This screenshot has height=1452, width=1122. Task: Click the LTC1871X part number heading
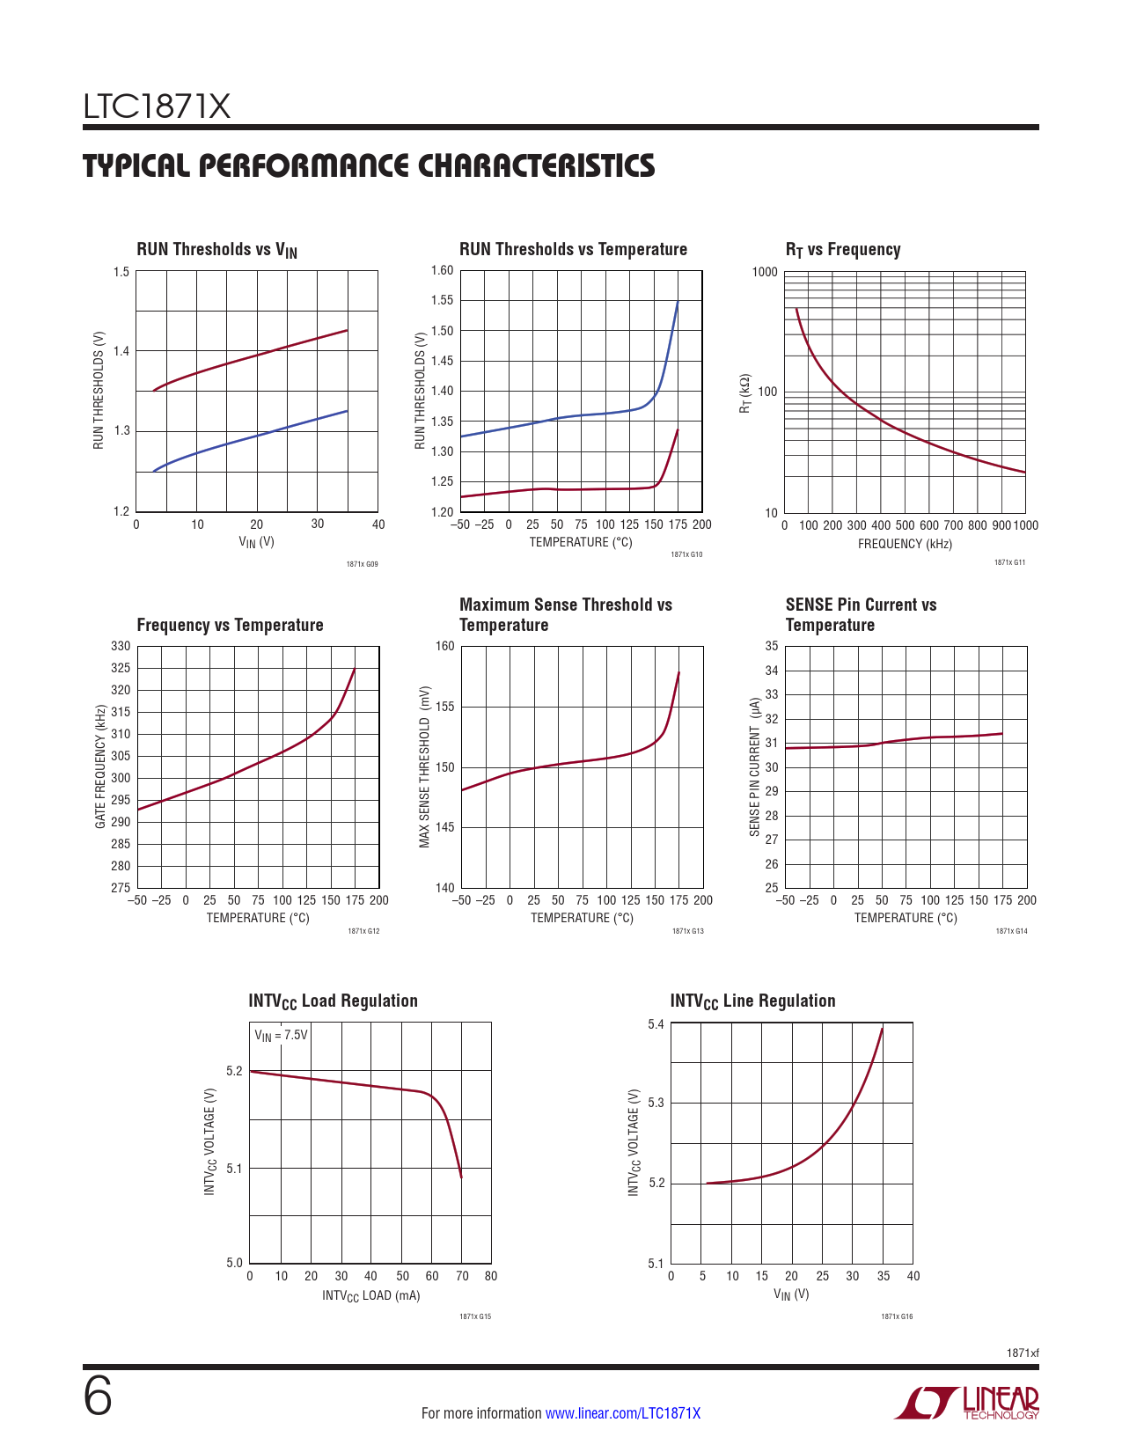(x=157, y=107)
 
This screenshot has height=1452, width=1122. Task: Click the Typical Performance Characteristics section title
(x=369, y=166)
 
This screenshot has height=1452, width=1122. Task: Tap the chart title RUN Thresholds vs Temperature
(x=573, y=249)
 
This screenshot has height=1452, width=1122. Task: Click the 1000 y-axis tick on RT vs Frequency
(x=765, y=272)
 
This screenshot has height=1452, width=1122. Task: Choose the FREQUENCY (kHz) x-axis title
(x=905, y=544)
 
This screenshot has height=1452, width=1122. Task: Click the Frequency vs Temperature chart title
(x=230, y=625)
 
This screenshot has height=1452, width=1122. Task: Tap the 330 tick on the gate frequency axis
(x=121, y=646)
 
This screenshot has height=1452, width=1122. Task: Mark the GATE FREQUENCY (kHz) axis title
(x=100, y=766)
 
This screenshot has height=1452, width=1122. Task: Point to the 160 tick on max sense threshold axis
(x=445, y=646)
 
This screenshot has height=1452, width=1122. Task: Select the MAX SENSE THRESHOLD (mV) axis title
(x=424, y=766)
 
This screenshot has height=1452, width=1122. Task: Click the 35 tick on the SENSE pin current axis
(x=772, y=646)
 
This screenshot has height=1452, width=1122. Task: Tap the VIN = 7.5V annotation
(x=282, y=1035)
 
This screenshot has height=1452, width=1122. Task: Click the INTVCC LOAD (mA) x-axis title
(x=370, y=1295)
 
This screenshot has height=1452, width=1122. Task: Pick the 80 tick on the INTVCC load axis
(x=491, y=1276)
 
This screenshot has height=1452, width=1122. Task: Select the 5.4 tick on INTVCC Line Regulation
(x=656, y=1024)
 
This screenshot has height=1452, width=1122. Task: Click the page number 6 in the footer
(x=98, y=1397)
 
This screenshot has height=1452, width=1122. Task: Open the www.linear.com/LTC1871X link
(x=623, y=1413)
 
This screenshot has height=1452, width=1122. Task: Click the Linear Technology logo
(x=968, y=1403)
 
